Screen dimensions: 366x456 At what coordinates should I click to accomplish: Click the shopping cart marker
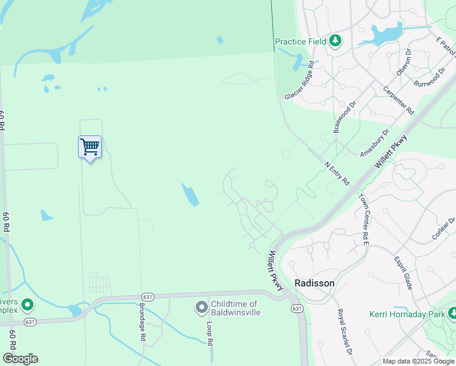(x=90, y=146)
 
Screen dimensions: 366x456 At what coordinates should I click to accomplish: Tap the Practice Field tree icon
(x=335, y=41)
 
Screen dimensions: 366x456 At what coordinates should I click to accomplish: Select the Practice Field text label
(x=300, y=41)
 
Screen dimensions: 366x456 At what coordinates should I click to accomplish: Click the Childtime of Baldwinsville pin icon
(x=202, y=308)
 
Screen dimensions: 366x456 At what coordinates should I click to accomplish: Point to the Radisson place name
(x=315, y=283)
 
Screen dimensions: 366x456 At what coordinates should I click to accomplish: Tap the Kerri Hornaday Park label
(x=407, y=315)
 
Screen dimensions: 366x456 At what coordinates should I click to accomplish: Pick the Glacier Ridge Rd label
(x=299, y=80)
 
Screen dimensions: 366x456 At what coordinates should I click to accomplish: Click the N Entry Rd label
(x=337, y=173)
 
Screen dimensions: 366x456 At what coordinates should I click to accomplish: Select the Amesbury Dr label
(x=374, y=144)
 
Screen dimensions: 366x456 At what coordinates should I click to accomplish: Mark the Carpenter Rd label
(x=398, y=101)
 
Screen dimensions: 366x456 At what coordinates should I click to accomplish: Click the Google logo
(x=20, y=359)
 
